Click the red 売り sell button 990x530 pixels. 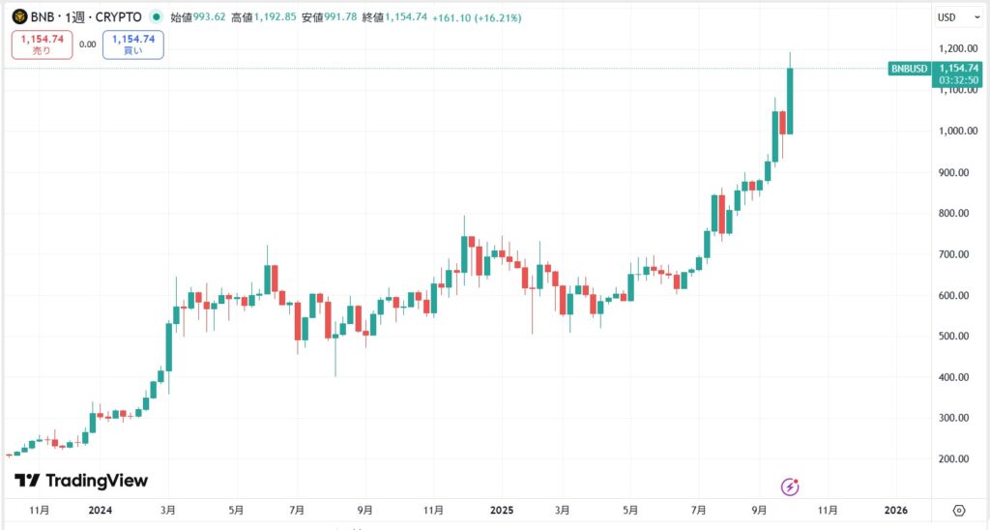pyautogui.click(x=42, y=44)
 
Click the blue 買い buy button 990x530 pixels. pyautogui.click(x=132, y=44)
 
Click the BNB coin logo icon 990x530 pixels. pyautogui.click(x=18, y=17)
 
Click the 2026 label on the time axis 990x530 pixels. pyautogui.click(x=895, y=510)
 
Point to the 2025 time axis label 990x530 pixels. pyautogui.click(x=500, y=510)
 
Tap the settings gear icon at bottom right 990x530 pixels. pyautogui.click(x=959, y=510)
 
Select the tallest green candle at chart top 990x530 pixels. pyautogui.click(x=790, y=101)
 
